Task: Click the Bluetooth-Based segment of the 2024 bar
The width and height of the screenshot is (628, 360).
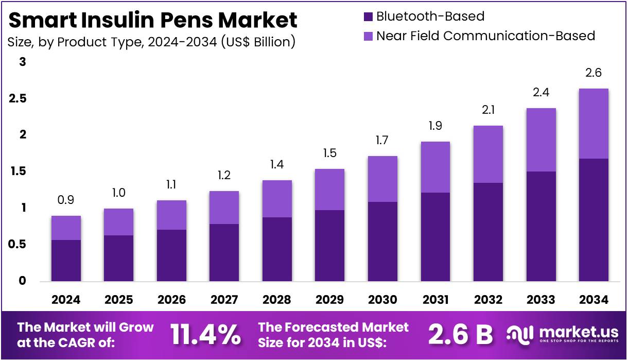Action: [x=66, y=261]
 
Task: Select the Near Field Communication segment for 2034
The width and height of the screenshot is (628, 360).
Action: [x=594, y=124]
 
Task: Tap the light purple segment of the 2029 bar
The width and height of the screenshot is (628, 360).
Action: [x=329, y=189]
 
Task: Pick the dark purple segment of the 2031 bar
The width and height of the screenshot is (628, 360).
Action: [x=435, y=237]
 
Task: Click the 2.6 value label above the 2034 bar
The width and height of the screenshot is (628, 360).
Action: [x=594, y=73]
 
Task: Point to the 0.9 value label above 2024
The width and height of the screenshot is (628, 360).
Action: [x=66, y=200]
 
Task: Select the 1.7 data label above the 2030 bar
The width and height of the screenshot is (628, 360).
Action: [x=382, y=140]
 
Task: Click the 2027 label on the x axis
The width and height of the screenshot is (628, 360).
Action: [x=224, y=299]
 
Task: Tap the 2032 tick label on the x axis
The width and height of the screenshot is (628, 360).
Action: [x=488, y=299]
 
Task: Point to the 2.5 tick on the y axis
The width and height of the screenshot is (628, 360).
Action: [x=18, y=98]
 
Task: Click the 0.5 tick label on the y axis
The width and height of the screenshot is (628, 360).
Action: [x=18, y=245]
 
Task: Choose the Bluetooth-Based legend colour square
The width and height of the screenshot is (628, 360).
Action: [x=368, y=17]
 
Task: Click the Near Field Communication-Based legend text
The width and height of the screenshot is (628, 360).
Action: [x=485, y=36]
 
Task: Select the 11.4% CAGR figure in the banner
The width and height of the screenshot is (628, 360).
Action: [x=205, y=335]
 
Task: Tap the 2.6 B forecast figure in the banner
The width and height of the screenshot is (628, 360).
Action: [x=461, y=335]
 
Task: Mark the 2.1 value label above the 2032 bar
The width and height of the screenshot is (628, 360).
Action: [x=488, y=110]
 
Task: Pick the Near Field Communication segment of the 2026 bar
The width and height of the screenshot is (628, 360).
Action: [x=171, y=215]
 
